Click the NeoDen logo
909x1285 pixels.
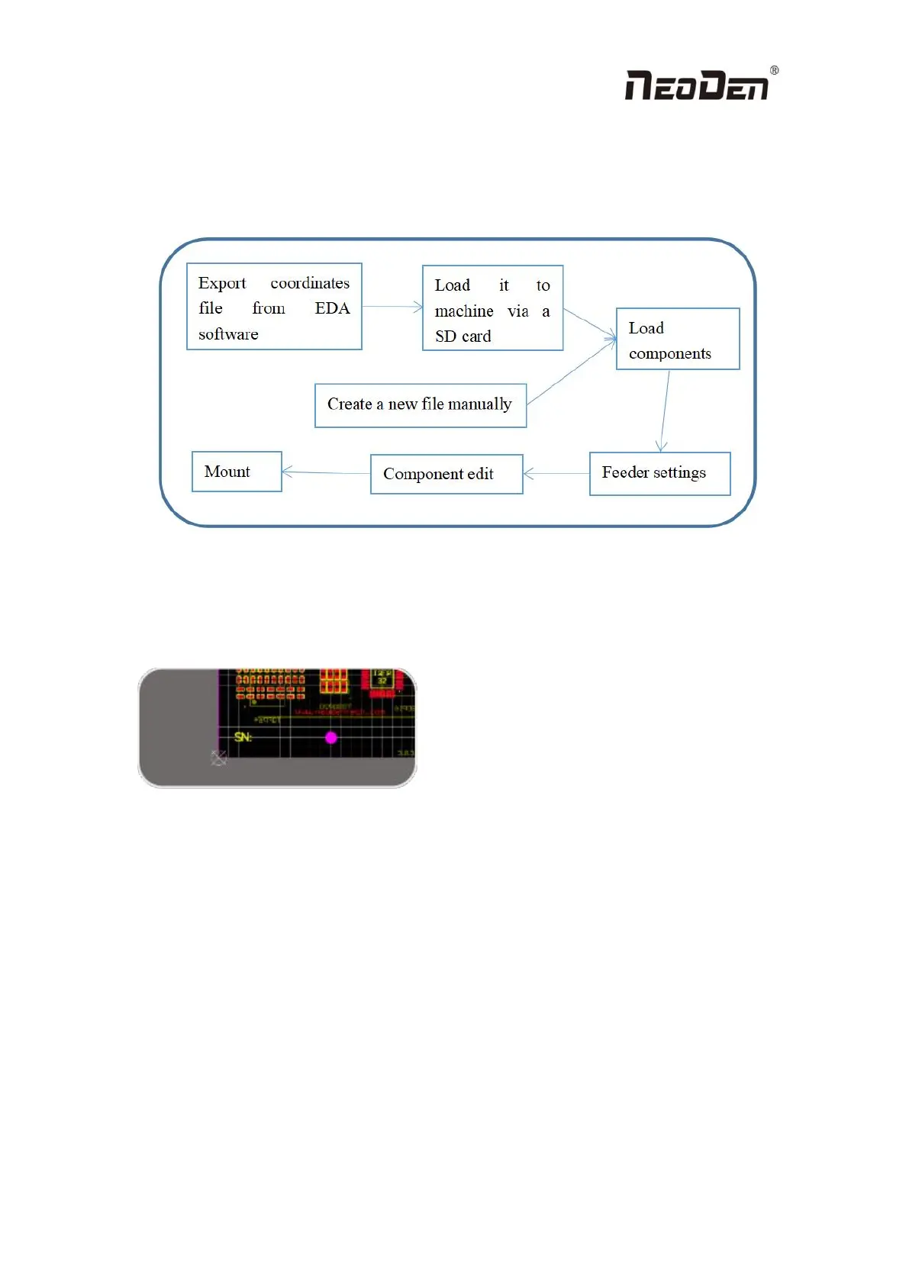[697, 85]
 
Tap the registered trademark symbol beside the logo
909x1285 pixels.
[774, 70]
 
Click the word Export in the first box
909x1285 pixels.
[222, 283]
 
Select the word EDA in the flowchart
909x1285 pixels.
[332, 308]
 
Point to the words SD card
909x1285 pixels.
[463, 337]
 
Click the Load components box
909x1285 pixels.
[677, 340]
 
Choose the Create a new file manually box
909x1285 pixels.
[420, 405]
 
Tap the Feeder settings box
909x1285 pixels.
[659, 473]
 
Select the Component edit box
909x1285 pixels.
[446, 474]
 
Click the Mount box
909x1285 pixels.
[237, 472]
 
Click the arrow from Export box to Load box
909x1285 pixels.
[392, 307]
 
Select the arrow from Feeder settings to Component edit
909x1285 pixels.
[556, 474]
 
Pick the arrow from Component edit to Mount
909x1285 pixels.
[326, 473]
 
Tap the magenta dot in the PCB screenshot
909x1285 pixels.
[331, 737]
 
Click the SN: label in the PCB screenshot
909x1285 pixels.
[243, 737]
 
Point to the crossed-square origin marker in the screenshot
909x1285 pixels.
[219, 758]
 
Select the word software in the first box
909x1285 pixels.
[228, 334]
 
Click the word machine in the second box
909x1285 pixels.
[464, 311]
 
